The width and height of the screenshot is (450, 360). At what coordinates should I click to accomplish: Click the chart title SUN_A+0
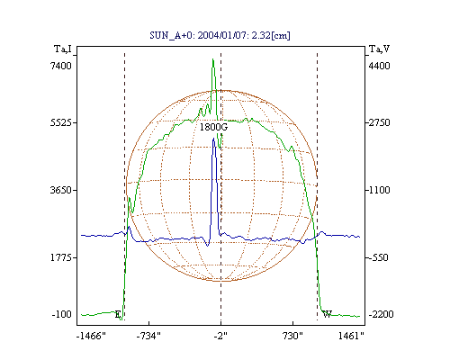(169, 35)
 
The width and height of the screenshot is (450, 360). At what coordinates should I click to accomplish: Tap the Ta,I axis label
(63, 49)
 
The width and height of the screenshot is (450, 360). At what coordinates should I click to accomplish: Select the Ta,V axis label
(380, 49)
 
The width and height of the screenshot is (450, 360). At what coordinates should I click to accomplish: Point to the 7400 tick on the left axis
(61, 66)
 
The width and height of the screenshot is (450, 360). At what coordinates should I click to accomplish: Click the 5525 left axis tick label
(61, 122)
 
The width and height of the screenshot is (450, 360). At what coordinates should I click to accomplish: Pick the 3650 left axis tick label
(61, 190)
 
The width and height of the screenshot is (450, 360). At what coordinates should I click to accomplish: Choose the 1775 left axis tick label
(61, 257)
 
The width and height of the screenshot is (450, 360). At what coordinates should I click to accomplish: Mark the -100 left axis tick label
(62, 314)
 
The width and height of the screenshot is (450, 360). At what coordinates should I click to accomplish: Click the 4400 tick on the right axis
(379, 66)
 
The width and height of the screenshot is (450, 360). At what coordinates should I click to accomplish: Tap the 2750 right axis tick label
(379, 122)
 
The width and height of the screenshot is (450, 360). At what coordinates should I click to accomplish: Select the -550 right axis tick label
(378, 257)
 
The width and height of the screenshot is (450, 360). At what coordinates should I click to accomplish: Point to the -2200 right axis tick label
(381, 314)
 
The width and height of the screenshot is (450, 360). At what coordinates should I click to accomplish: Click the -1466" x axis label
(91, 336)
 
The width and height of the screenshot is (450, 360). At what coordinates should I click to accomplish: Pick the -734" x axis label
(148, 336)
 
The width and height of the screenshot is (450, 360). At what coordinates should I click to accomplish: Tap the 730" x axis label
(292, 336)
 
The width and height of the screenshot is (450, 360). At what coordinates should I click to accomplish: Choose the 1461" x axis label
(351, 336)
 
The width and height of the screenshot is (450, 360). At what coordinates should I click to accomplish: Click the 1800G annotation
(213, 127)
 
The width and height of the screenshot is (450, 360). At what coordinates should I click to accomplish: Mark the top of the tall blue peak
(213, 139)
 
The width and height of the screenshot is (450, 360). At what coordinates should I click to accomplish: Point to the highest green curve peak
(213, 59)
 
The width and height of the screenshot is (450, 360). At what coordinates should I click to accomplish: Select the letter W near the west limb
(327, 314)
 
